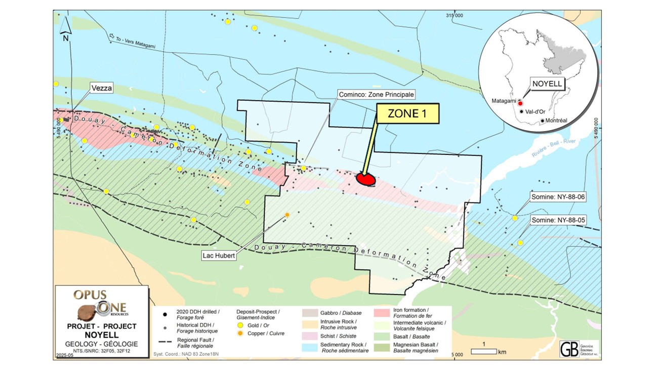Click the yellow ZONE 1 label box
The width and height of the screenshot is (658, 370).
coord(406,114)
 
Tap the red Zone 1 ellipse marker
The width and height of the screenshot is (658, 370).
coord(366,179)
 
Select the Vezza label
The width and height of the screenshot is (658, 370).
coord(101,87)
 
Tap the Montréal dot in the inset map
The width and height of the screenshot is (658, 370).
coord(543,120)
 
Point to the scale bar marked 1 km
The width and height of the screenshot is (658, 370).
coord(484,351)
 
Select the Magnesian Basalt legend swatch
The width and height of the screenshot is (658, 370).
coord(382,347)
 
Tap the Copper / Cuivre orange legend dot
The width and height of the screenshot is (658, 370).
coord(241,334)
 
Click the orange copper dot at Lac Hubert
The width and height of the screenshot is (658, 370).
coord(287,215)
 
